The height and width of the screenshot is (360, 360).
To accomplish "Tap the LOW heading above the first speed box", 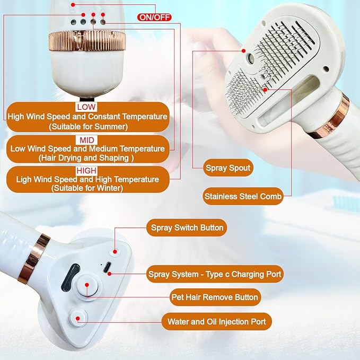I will click(86, 107).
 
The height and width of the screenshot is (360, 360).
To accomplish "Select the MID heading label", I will click(86, 139).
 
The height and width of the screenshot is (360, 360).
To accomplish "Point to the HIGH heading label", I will click(86, 171).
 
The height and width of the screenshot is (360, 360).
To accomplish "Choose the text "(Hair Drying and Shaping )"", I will click(87, 158).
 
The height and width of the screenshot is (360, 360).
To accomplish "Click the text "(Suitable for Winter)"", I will click(87, 188).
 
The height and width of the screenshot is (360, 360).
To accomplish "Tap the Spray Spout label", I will click(227, 169).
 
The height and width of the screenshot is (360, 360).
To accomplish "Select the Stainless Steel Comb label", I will click(242, 196).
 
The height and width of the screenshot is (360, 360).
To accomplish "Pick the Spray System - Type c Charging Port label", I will click(215, 274).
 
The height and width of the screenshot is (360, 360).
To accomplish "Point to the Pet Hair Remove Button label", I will click(215, 297).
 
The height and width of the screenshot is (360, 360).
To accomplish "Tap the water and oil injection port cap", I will click(78, 318).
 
